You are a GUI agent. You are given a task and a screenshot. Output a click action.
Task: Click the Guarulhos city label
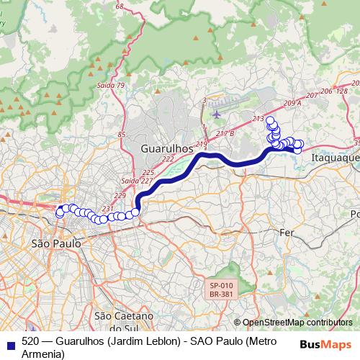166,147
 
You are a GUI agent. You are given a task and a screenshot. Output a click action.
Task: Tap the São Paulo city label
56,244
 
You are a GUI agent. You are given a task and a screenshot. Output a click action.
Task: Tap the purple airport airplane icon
217,113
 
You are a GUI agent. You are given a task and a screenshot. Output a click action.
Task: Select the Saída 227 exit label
136,181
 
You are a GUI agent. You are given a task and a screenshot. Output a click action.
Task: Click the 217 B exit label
225,132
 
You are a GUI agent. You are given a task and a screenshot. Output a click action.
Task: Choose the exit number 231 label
108,209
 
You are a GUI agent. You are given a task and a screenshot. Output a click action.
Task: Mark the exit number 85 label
121,135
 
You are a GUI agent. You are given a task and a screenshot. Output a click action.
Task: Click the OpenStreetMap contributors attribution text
297,323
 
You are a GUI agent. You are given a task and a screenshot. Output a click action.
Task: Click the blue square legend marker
9,343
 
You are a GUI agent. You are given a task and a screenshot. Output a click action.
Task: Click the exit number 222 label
168,159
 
